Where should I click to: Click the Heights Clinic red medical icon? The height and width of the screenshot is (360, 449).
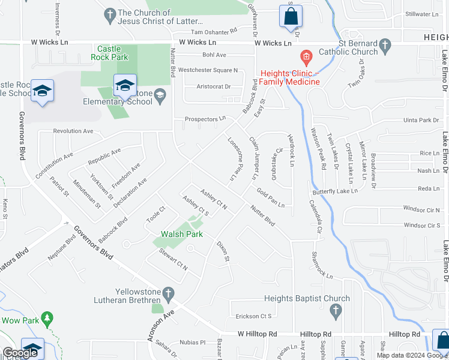coord(306,59)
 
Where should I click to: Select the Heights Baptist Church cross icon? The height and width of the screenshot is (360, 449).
coord(336,310)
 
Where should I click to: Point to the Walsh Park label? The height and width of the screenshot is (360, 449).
coord(182,234)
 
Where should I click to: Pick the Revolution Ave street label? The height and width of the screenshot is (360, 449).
coord(73,131)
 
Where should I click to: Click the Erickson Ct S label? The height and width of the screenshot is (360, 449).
coord(253,316)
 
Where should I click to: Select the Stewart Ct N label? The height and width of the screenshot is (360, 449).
coord(173,263)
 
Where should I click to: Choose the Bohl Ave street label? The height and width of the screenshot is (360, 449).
coord(214,55)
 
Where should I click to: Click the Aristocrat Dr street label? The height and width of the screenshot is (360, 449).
coord(214,86)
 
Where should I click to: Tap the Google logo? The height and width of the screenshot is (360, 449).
coord(19,353)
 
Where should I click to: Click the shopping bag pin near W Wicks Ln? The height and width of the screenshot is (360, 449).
coord(291,17)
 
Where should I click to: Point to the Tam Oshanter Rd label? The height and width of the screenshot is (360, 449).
coord(214,31)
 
